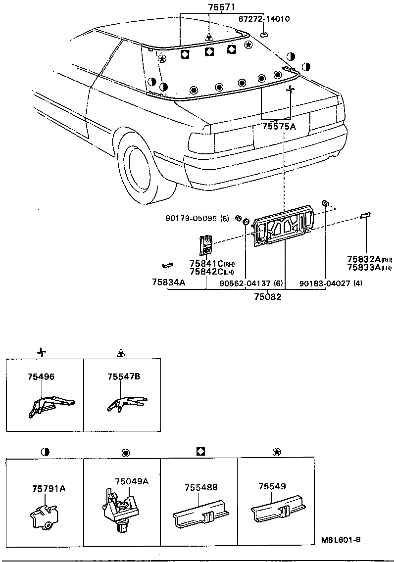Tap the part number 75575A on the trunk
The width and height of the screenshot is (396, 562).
point(279,127)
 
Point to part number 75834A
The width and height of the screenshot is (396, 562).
point(168,282)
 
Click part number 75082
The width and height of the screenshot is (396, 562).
point(267,297)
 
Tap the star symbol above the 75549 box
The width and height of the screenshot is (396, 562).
point(276,452)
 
